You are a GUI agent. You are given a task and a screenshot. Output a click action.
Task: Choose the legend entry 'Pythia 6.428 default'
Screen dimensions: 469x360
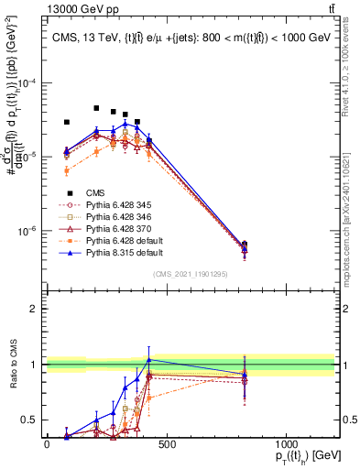(115, 240)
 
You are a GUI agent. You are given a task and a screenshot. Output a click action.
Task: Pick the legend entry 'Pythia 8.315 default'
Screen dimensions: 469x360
(115, 252)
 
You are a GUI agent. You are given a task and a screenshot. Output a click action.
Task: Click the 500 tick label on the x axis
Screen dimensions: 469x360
(166, 444)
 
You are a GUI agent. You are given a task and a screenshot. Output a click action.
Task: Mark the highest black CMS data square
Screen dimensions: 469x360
(96, 108)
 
